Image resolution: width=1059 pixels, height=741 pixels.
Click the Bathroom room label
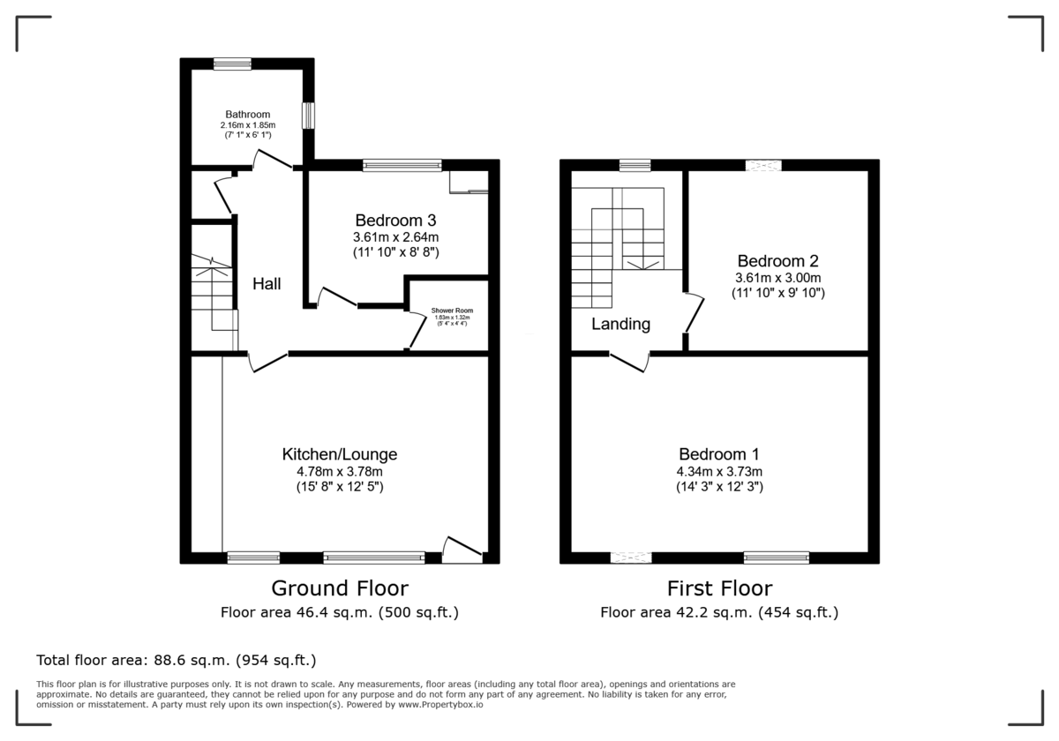tap(247, 115)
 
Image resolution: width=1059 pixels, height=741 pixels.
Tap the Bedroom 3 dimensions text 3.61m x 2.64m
tap(396, 237)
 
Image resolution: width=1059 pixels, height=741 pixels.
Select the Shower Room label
tap(452, 311)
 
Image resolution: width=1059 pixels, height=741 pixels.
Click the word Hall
tap(267, 284)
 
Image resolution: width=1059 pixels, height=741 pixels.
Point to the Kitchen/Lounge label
tap(339, 455)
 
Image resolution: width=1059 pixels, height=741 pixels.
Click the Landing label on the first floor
tap(620, 325)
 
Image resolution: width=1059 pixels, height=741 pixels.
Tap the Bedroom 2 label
tap(777, 261)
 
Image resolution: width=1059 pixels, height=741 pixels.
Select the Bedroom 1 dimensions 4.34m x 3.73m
tap(719, 471)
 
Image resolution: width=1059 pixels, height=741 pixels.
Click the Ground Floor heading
tap(339, 588)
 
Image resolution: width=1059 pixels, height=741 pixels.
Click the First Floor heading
tap(719, 588)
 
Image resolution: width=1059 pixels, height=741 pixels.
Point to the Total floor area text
tap(176, 660)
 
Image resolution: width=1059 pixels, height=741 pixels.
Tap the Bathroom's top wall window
tap(232, 64)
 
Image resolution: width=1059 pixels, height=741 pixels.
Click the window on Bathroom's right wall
tap(309, 116)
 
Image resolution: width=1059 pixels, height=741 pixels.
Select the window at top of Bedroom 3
tap(402, 165)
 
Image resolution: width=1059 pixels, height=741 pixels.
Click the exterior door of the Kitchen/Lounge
tap(462, 550)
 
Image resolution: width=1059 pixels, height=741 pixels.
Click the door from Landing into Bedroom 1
tap(629, 360)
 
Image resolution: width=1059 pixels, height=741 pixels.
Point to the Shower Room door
tap(416, 331)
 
